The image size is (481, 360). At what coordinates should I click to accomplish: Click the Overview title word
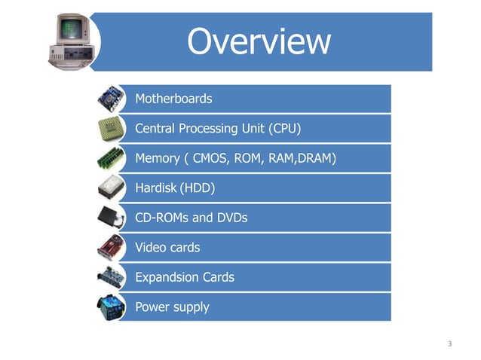click(x=259, y=43)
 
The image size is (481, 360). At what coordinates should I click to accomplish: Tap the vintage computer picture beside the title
click(x=78, y=42)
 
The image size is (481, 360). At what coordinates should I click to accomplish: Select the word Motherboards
click(x=173, y=99)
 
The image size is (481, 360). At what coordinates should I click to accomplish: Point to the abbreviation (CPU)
click(x=284, y=129)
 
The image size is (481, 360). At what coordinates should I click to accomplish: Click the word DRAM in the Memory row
click(x=314, y=159)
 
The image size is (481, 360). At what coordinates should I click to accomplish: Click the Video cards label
click(x=167, y=247)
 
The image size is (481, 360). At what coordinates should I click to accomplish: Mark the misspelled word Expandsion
click(x=167, y=277)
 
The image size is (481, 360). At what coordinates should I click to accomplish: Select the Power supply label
click(x=172, y=307)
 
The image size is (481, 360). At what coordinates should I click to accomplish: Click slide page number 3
click(x=449, y=344)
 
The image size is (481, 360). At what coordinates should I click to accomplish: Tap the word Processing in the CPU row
click(x=205, y=129)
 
